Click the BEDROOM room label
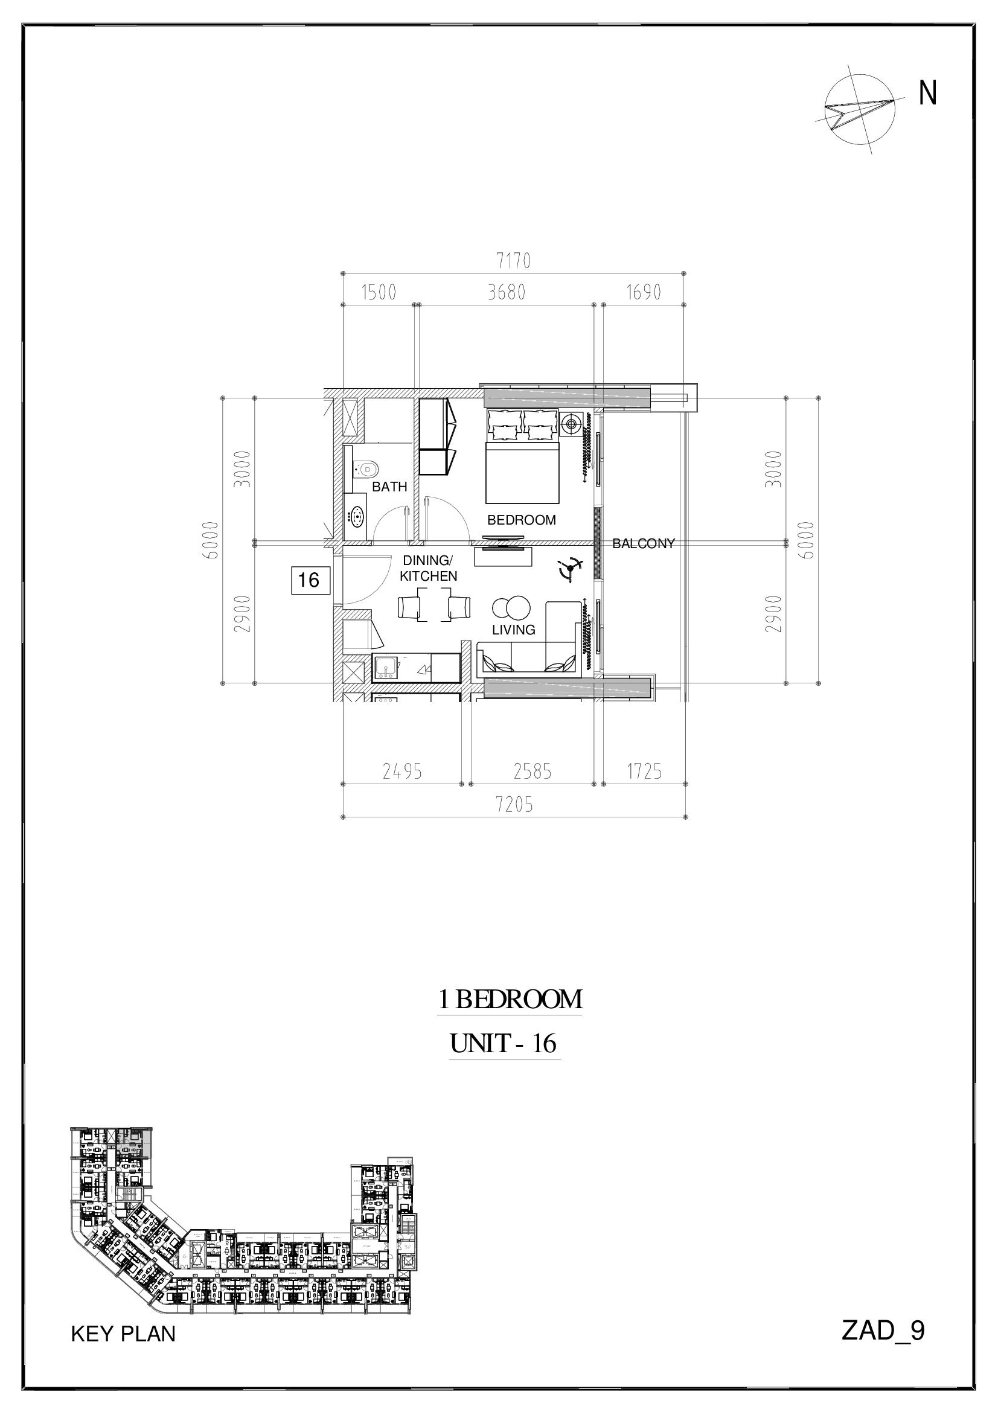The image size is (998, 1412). [522, 520]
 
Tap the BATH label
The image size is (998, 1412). [390, 487]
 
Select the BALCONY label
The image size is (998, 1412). [644, 544]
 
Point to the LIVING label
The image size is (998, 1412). [513, 630]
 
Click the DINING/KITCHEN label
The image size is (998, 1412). [429, 568]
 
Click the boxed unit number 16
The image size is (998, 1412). [309, 580]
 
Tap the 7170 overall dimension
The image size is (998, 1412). [513, 261]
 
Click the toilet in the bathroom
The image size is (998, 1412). [365, 470]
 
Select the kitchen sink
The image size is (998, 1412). [386, 668]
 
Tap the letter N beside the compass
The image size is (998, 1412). [928, 94]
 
